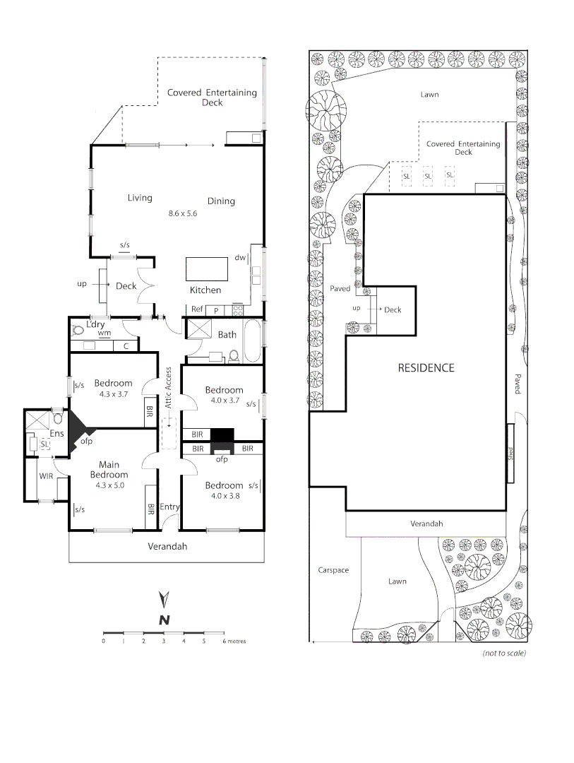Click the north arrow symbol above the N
(164, 599)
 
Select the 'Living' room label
(140, 198)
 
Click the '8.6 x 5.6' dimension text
(182, 213)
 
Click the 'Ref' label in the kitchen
(197, 309)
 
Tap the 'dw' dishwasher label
(240, 258)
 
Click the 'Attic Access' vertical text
(168, 388)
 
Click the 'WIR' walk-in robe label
(47, 476)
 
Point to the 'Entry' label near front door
(169, 507)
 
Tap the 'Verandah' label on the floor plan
(167, 546)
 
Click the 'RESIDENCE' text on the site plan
(426, 368)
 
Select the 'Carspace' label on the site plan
(333, 570)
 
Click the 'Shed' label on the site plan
(509, 453)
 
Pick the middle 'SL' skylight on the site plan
(428, 175)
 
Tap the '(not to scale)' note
(504, 653)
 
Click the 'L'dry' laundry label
(95, 324)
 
